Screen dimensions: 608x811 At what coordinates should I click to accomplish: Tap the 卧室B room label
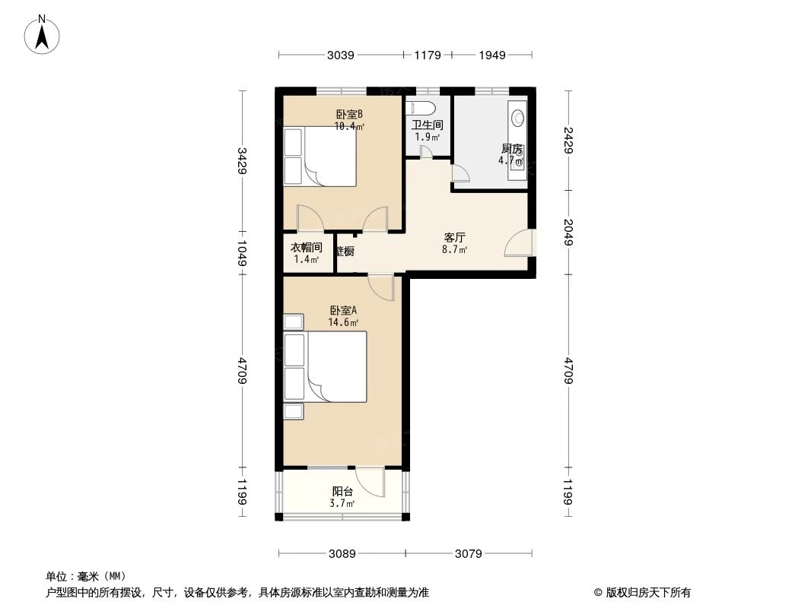(349, 115)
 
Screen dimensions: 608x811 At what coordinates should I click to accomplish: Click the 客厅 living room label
(454, 237)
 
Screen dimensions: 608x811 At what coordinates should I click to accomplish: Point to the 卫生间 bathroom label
(428, 125)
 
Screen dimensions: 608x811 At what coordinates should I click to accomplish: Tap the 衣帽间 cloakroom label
(307, 248)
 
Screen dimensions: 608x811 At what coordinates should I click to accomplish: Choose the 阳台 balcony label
(342, 492)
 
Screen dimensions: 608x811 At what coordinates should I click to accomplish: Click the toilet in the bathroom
(420, 107)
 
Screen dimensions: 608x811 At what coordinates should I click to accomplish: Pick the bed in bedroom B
(320, 156)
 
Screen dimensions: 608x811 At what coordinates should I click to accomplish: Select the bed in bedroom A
(326, 366)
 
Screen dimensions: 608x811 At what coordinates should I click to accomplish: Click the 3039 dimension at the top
(340, 55)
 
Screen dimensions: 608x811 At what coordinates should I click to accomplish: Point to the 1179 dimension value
(427, 55)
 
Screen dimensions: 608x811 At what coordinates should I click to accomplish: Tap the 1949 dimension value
(492, 55)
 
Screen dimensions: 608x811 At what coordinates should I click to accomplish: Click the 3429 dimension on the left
(242, 161)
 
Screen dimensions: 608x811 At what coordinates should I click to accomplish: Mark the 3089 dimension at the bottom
(342, 553)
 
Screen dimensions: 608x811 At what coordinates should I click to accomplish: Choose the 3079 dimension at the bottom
(469, 553)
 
